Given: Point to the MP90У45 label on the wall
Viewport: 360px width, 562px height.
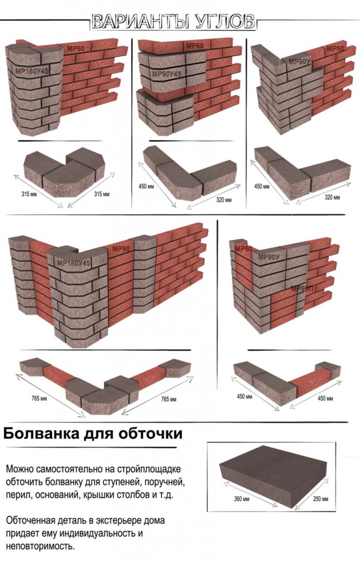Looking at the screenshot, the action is coord(167,74).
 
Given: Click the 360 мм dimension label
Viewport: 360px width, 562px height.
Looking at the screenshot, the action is coord(241,498).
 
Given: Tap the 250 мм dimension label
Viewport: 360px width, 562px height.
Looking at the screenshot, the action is coord(320,498).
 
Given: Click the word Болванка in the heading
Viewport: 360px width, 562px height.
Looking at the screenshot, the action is coord(41,434).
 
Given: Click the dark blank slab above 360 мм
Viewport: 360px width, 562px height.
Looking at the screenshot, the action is coord(273,475).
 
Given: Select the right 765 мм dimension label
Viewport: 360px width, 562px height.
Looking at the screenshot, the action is coord(168,399).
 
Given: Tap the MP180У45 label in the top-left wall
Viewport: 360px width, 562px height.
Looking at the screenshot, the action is coord(32,71).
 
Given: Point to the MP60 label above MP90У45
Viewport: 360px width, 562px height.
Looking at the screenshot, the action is coord(195,46).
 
